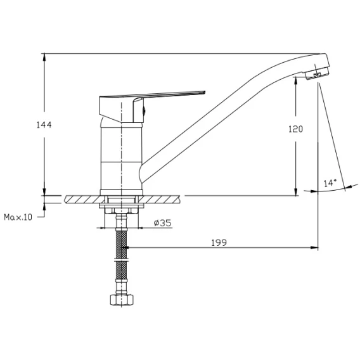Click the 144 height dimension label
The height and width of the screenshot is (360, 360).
[44, 125]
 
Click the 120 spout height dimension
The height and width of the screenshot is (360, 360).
[296, 129]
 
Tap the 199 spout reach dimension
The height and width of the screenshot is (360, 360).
[219, 243]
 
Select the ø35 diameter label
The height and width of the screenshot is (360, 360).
[162, 222]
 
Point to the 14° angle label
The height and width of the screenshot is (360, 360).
[330, 183]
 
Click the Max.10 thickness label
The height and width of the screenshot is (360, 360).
[18, 217]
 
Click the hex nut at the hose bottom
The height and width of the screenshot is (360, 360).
[122, 299]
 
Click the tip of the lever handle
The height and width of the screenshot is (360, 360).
[205, 93]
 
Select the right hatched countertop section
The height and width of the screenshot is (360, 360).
[161, 199]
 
